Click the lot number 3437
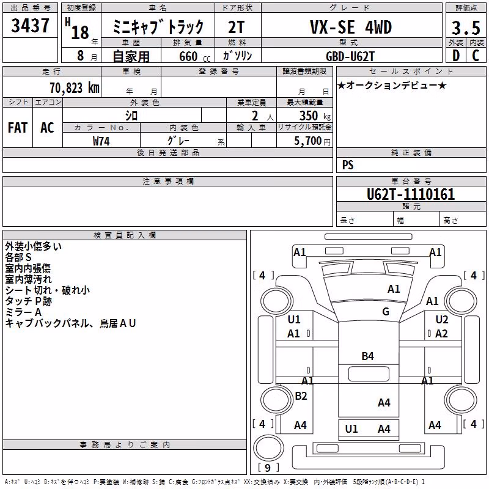(30, 26)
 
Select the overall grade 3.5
(466, 28)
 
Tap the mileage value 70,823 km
(75, 88)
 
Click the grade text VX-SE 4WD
(351, 27)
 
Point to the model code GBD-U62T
(350, 56)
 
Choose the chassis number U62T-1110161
(411, 194)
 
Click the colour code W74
(101, 141)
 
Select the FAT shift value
(18, 128)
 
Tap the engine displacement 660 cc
(194, 56)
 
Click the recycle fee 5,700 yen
(312, 141)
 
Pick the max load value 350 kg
(315, 116)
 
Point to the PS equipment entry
(348, 165)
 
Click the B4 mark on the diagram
(368, 356)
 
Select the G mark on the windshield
(386, 312)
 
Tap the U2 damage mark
(441, 320)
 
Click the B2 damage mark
(301, 396)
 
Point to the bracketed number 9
(268, 468)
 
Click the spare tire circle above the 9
(268, 448)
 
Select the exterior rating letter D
(456, 56)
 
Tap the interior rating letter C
(476, 56)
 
